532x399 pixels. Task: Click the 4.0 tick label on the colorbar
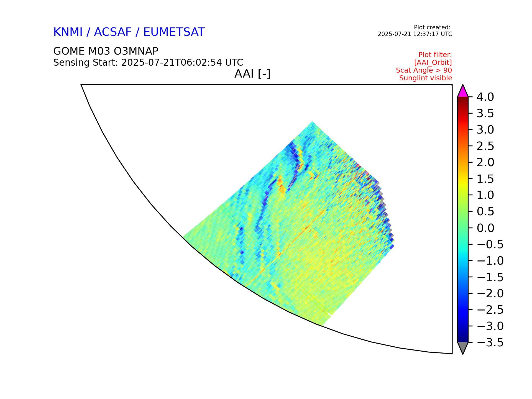pyautogui.click(x=485, y=97)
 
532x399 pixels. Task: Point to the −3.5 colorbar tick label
pyautogui.click(x=490, y=343)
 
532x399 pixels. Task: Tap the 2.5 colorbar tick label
pyautogui.click(x=485, y=146)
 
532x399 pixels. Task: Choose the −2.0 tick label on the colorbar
pyautogui.click(x=490, y=294)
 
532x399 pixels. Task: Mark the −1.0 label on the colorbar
pyautogui.click(x=490, y=261)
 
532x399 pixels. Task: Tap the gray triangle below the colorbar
pyautogui.click(x=463, y=347)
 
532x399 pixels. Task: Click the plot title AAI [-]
pyautogui.click(x=252, y=74)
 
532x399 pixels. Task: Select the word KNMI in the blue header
pyautogui.click(x=68, y=32)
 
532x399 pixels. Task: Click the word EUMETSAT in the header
pyautogui.click(x=174, y=32)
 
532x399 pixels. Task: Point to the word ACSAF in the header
pyautogui.click(x=113, y=32)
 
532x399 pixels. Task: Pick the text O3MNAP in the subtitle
pyautogui.click(x=132, y=51)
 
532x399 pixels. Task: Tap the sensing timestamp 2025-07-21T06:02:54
pyautogui.click(x=172, y=63)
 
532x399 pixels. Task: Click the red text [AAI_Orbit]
pyautogui.click(x=433, y=63)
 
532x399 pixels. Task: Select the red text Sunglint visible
pyautogui.click(x=426, y=78)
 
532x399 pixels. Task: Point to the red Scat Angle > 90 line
pyautogui.click(x=424, y=70)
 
